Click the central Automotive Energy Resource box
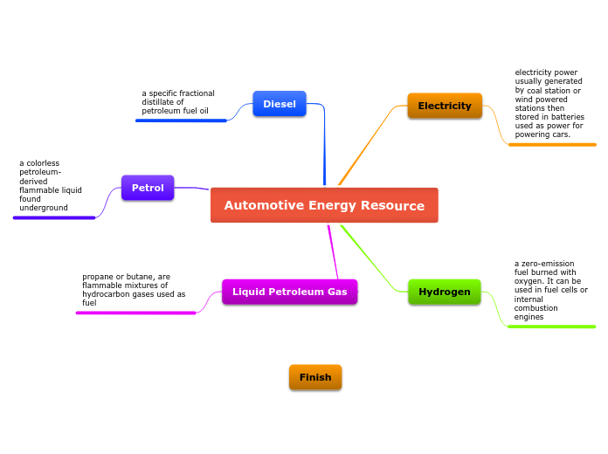point(324,205)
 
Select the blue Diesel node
point(280,104)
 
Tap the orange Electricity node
point(445,106)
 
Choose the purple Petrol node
point(148,188)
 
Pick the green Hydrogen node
point(445,292)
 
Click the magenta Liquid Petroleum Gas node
point(290,292)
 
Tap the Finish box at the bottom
point(315,377)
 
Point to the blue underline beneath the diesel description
point(181,120)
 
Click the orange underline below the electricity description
point(552,144)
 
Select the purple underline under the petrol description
point(54,217)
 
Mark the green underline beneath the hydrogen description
point(552,327)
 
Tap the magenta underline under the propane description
point(136,313)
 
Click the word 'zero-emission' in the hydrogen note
point(547,263)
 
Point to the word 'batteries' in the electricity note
point(566,117)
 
